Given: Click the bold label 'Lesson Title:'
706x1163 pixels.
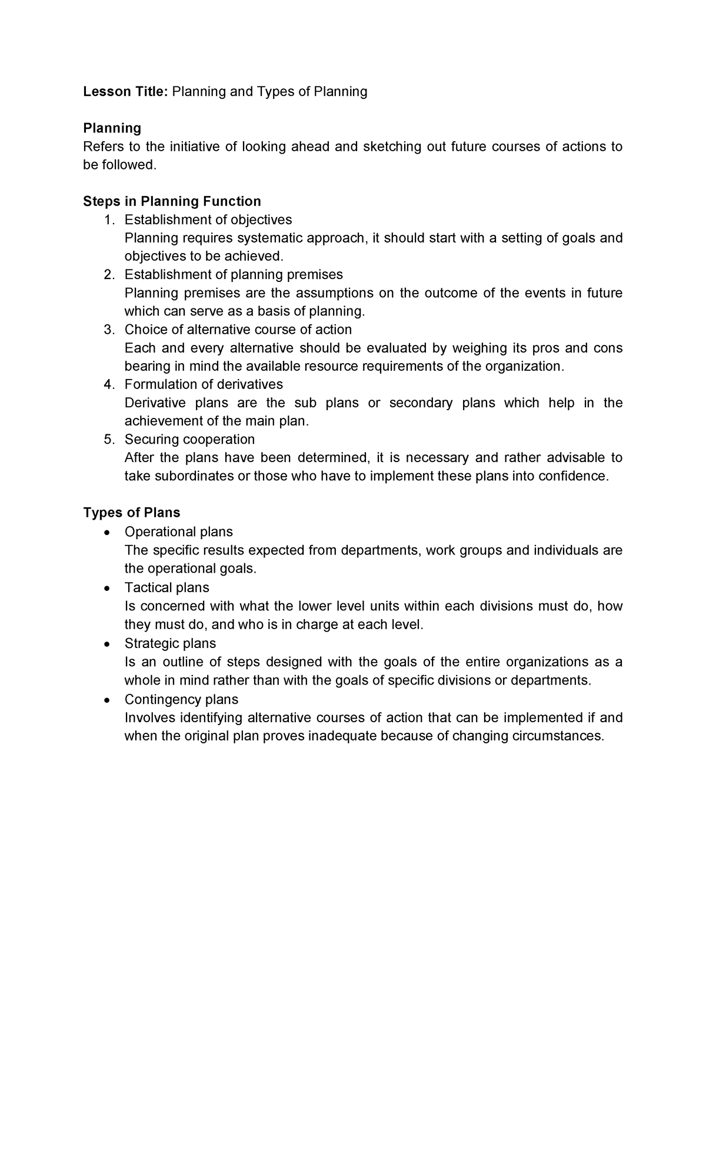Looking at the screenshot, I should click(x=126, y=92).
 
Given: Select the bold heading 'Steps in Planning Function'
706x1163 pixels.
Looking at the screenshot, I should click(x=172, y=201).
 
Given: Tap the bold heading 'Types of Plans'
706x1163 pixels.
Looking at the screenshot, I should click(x=132, y=512).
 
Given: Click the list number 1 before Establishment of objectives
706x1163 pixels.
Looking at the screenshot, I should click(x=108, y=220).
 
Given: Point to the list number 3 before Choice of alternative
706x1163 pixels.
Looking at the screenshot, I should click(x=108, y=330).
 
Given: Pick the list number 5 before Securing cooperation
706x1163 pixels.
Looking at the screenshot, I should click(x=108, y=440).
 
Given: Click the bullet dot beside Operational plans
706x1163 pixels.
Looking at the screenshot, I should click(x=106, y=533).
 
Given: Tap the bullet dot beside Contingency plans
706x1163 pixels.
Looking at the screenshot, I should click(x=106, y=700).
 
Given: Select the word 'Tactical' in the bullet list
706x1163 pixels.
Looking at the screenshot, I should click(x=146, y=587).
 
